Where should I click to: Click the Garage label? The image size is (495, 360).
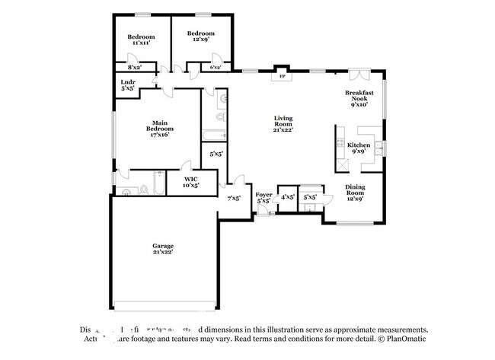[x=162, y=249]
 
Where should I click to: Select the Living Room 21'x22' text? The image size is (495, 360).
[x=283, y=123]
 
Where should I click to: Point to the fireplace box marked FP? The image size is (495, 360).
[x=282, y=76]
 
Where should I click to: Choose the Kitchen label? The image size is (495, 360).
[x=359, y=148]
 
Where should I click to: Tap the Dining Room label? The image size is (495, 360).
[x=356, y=191]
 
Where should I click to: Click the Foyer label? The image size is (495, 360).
[x=263, y=198]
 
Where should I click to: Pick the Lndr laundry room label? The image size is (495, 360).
[x=128, y=85]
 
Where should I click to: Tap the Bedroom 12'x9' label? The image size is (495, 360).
[x=201, y=37]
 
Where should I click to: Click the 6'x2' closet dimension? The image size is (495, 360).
[x=216, y=68]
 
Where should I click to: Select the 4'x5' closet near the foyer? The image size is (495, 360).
[x=288, y=197]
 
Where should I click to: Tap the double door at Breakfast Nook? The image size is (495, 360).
[x=362, y=75]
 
